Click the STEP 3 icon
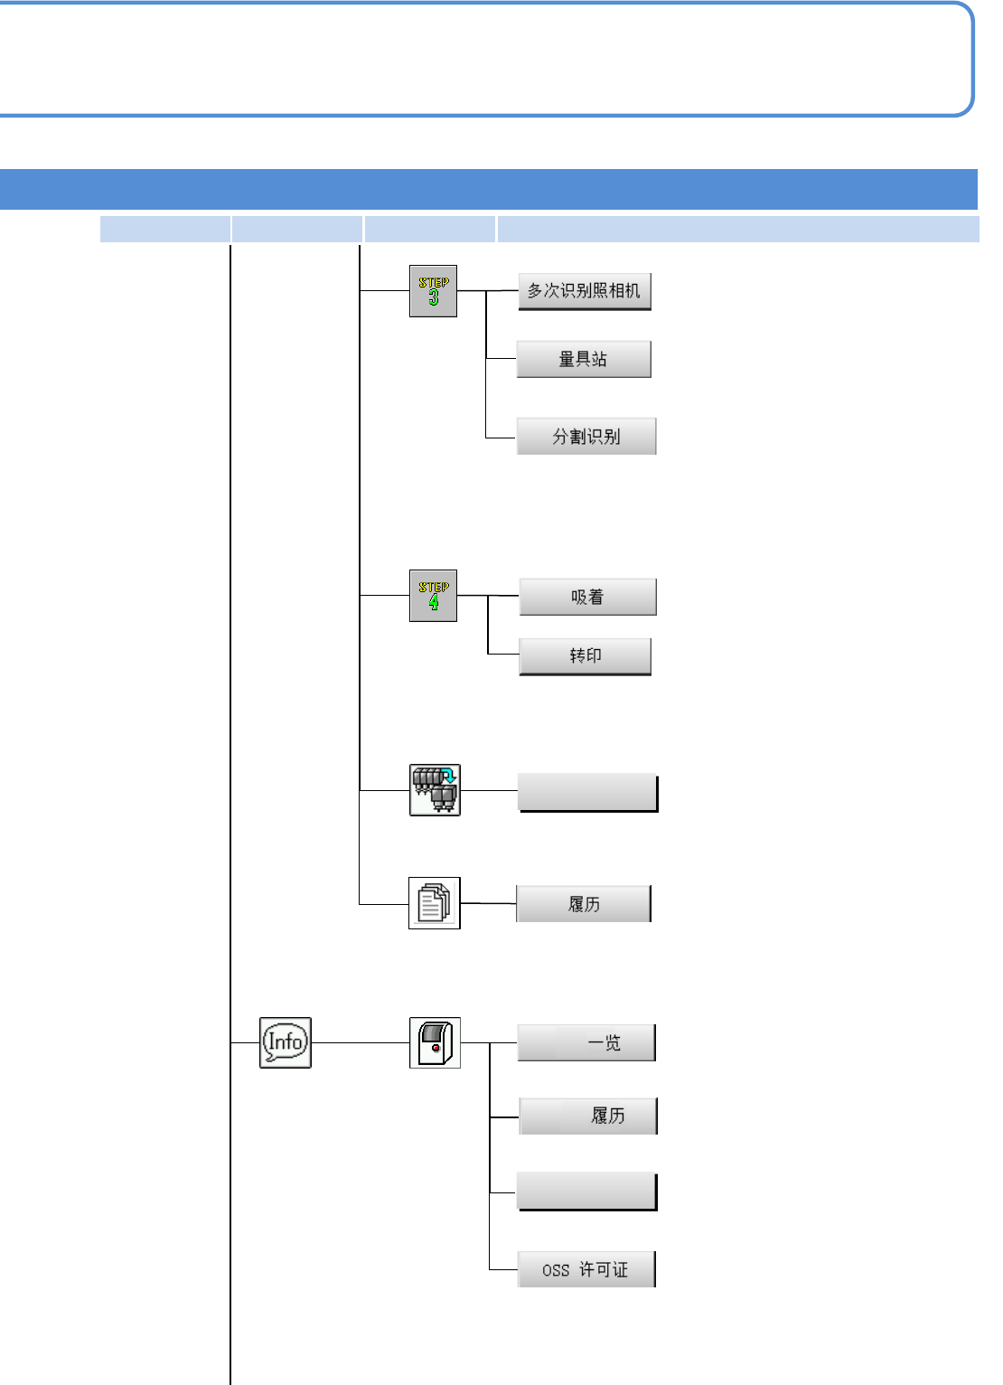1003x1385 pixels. (433, 291)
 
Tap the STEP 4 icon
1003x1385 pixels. (433, 596)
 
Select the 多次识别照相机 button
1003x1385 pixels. (585, 291)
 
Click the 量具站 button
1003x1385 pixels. (584, 359)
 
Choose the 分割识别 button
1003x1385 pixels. (586, 437)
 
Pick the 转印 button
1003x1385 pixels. (586, 655)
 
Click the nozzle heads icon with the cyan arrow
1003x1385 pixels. (435, 790)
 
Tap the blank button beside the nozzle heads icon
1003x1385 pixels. (587, 793)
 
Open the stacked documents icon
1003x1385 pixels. (435, 903)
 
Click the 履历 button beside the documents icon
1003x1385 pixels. (584, 904)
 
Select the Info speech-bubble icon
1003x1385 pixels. (286, 1042)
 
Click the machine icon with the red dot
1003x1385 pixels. (435, 1042)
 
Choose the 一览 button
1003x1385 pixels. (586, 1042)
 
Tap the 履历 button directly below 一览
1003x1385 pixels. (588, 1116)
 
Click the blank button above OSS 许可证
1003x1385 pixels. (586, 1191)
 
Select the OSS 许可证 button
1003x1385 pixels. (586, 1269)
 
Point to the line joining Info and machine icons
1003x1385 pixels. (360, 1042)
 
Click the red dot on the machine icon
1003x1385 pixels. (436, 1048)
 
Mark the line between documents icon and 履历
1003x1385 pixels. (488, 903)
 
